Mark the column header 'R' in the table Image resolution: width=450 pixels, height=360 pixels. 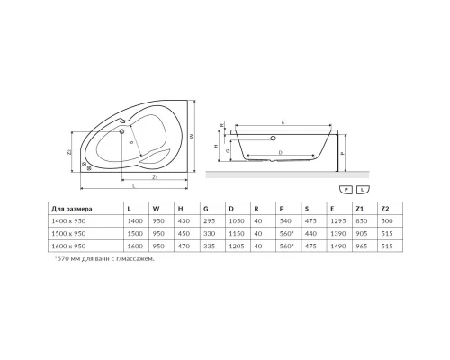[258, 207]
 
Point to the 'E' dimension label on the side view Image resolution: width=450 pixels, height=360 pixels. [283, 121]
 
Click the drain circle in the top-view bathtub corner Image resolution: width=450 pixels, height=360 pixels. [85, 166]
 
